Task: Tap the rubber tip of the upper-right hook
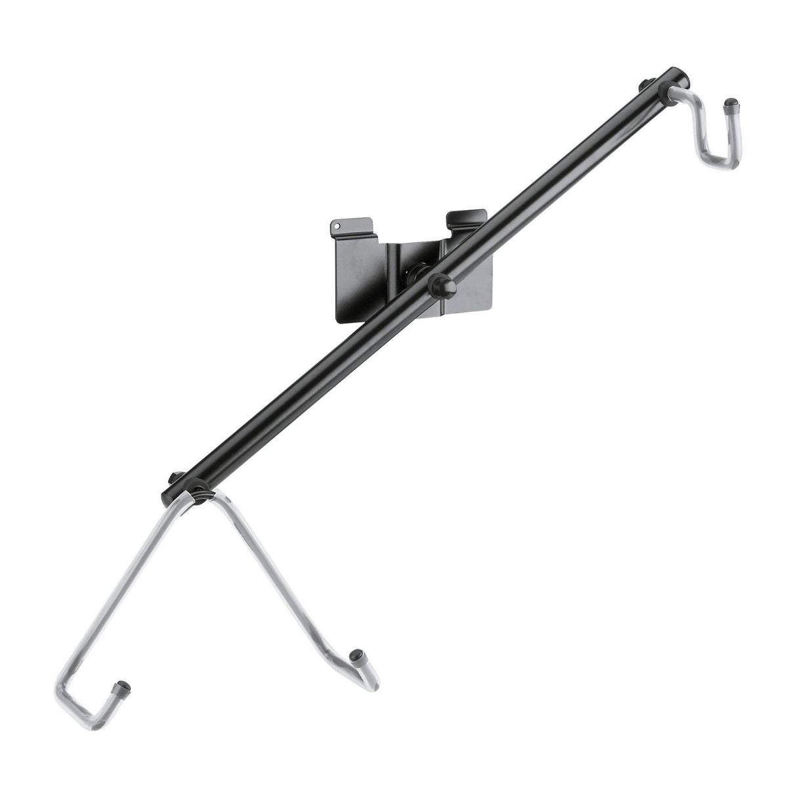coord(730,104)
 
